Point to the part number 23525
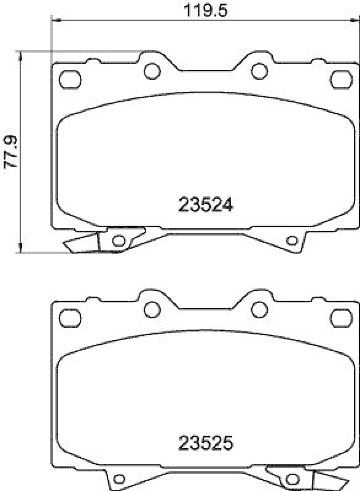click(x=205, y=442)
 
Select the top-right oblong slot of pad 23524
click(x=339, y=79)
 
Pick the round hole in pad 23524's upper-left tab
click(x=151, y=71)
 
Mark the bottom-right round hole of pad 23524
click(x=292, y=240)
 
